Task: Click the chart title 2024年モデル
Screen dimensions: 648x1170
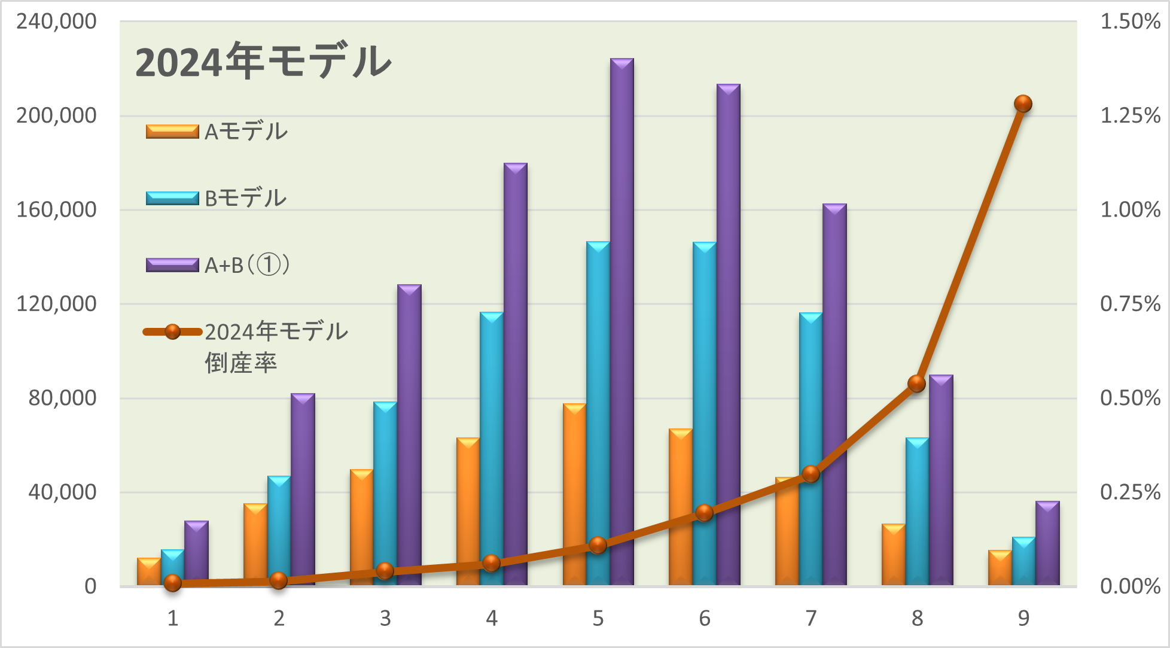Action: point(263,62)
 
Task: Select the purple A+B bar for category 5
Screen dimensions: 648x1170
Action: point(622,323)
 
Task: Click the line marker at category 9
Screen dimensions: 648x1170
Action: point(1023,104)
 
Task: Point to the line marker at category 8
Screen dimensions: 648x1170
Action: point(917,384)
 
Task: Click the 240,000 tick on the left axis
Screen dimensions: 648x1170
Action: point(56,22)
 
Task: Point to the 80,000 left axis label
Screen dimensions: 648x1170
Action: point(62,398)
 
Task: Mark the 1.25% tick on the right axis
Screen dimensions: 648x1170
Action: point(1131,115)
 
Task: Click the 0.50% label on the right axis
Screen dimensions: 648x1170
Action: point(1131,398)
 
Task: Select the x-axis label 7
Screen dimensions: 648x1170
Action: point(811,618)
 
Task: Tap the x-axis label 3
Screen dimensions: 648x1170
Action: point(385,618)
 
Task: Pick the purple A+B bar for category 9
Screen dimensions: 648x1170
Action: point(1047,543)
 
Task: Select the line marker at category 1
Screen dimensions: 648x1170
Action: point(173,583)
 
